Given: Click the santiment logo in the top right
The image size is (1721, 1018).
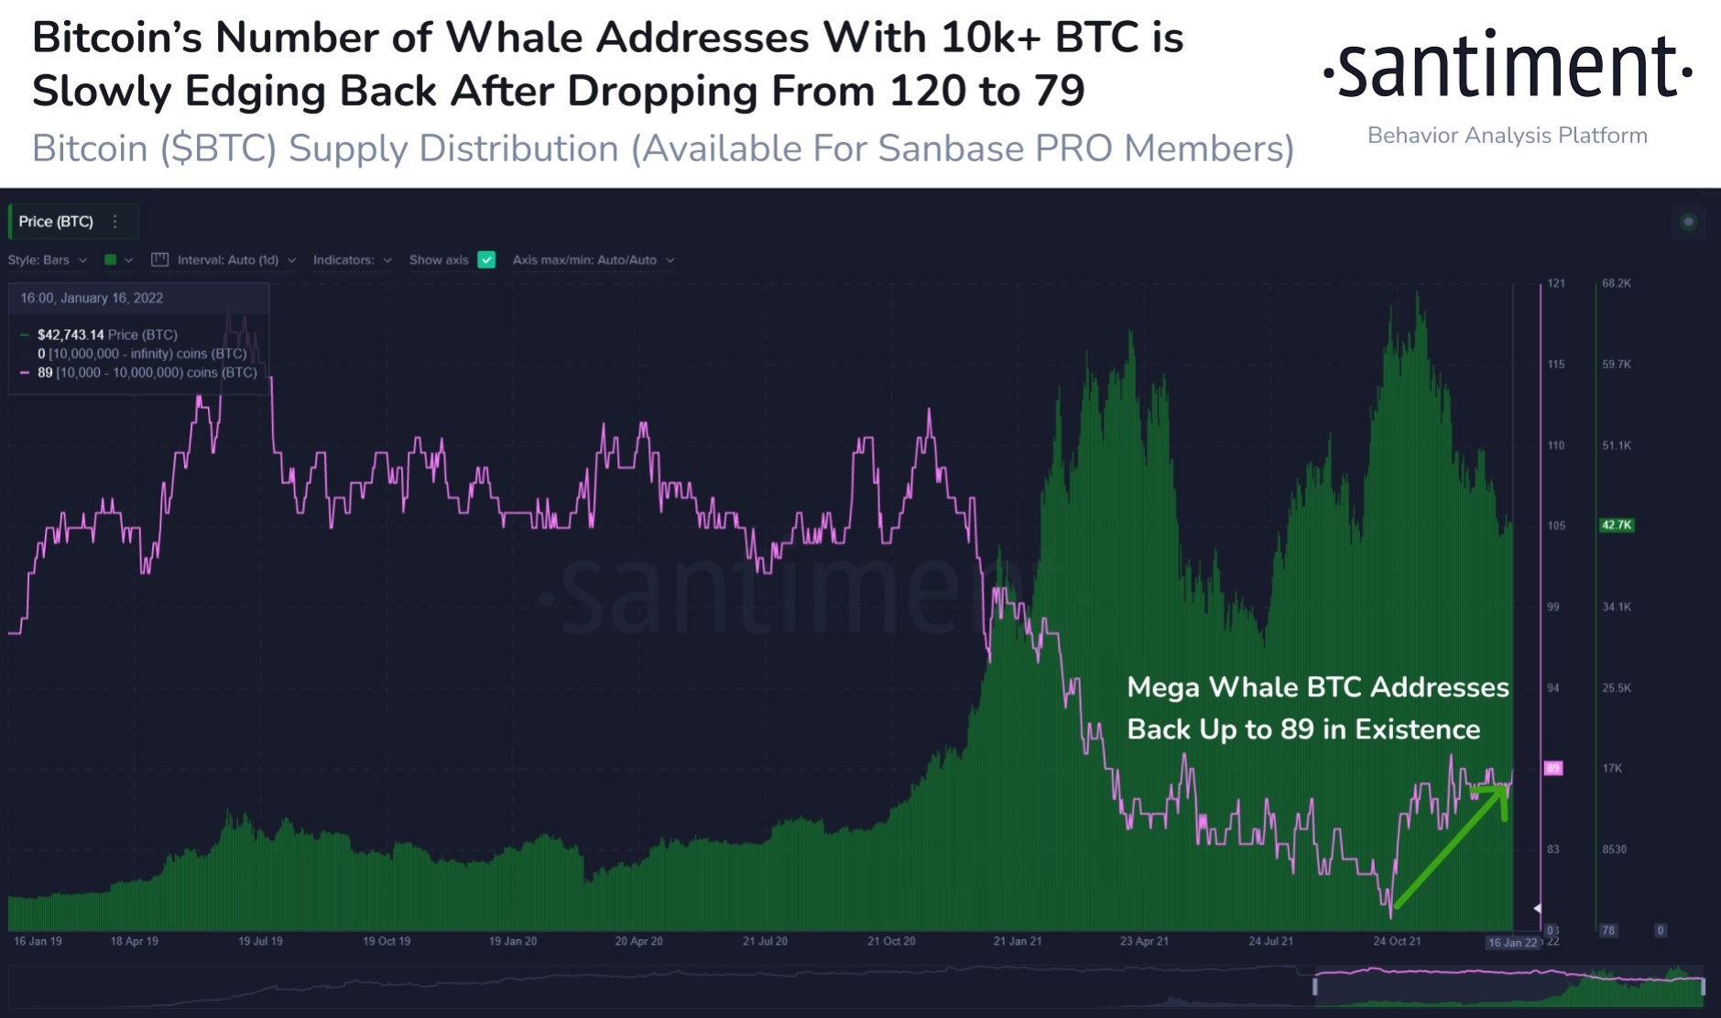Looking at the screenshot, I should click(x=1508, y=66).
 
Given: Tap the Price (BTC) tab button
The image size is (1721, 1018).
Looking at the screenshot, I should click(x=57, y=222).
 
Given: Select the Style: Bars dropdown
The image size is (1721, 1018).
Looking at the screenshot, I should click(x=47, y=260).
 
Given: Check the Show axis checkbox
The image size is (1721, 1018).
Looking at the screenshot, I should click(x=487, y=260).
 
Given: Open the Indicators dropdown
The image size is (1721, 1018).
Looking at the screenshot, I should click(x=352, y=260).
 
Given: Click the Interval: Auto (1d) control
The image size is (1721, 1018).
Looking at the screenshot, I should click(x=225, y=260).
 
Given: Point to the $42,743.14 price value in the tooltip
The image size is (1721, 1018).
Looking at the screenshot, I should click(x=70, y=334).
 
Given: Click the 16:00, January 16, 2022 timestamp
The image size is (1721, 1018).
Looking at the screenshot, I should click(x=92, y=298).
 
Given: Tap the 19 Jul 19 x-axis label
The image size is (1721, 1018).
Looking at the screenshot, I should click(x=260, y=941).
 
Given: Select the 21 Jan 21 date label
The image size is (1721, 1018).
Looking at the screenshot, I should click(x=1017, y=941).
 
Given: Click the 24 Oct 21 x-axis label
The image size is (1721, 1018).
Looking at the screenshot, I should click(x=1396, y=941).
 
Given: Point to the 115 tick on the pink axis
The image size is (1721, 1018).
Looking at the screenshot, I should click(x=1555, y=364).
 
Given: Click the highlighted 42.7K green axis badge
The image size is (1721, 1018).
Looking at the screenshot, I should click(x=1616, y=525).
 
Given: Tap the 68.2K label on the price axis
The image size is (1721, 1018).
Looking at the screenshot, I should click(x=1616, y=283).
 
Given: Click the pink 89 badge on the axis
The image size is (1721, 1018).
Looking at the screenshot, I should click(x=1552, y=768).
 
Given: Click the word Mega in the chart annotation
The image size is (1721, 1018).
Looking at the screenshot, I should click(x=1162, y=687).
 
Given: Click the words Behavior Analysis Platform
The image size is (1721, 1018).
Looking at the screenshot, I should click(x=1507, y=136).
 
